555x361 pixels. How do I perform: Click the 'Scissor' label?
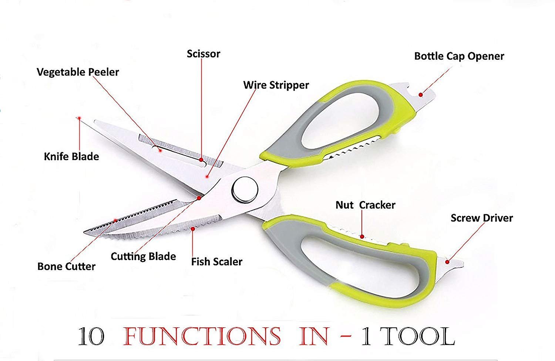(x=203, y=54)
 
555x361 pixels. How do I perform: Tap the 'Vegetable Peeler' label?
(x=78, y=72)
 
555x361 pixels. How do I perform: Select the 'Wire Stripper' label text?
(x=276, y=85)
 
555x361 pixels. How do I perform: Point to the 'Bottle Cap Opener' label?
(x=459, y=57)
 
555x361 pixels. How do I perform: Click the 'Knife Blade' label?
(x=71, y=157)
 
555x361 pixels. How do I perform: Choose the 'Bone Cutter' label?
(x=66, y=266)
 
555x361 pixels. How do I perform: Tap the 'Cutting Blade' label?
(x=143, y=256)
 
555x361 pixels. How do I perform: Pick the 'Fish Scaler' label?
(x=217, y=262)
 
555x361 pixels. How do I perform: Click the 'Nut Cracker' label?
(x=366, y=205)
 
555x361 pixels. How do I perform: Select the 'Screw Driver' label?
(x=482, y=218)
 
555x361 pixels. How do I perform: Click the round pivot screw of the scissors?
(x=245, y=190)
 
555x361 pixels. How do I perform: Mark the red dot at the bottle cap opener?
(x=420, y=95)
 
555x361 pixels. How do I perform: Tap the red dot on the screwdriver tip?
(x=447, y=262)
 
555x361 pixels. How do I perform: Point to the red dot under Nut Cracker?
(x=362, y=237)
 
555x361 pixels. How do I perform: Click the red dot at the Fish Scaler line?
(x=193, y=229)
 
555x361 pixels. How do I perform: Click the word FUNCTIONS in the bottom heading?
(x=202, y=336)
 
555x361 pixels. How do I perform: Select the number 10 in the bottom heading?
(x=91, y=337)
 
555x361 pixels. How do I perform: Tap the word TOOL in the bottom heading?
(x=419, y=336)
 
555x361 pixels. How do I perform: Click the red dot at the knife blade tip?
(x=79, y=118)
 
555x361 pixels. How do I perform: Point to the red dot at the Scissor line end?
(x=201, y=160)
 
